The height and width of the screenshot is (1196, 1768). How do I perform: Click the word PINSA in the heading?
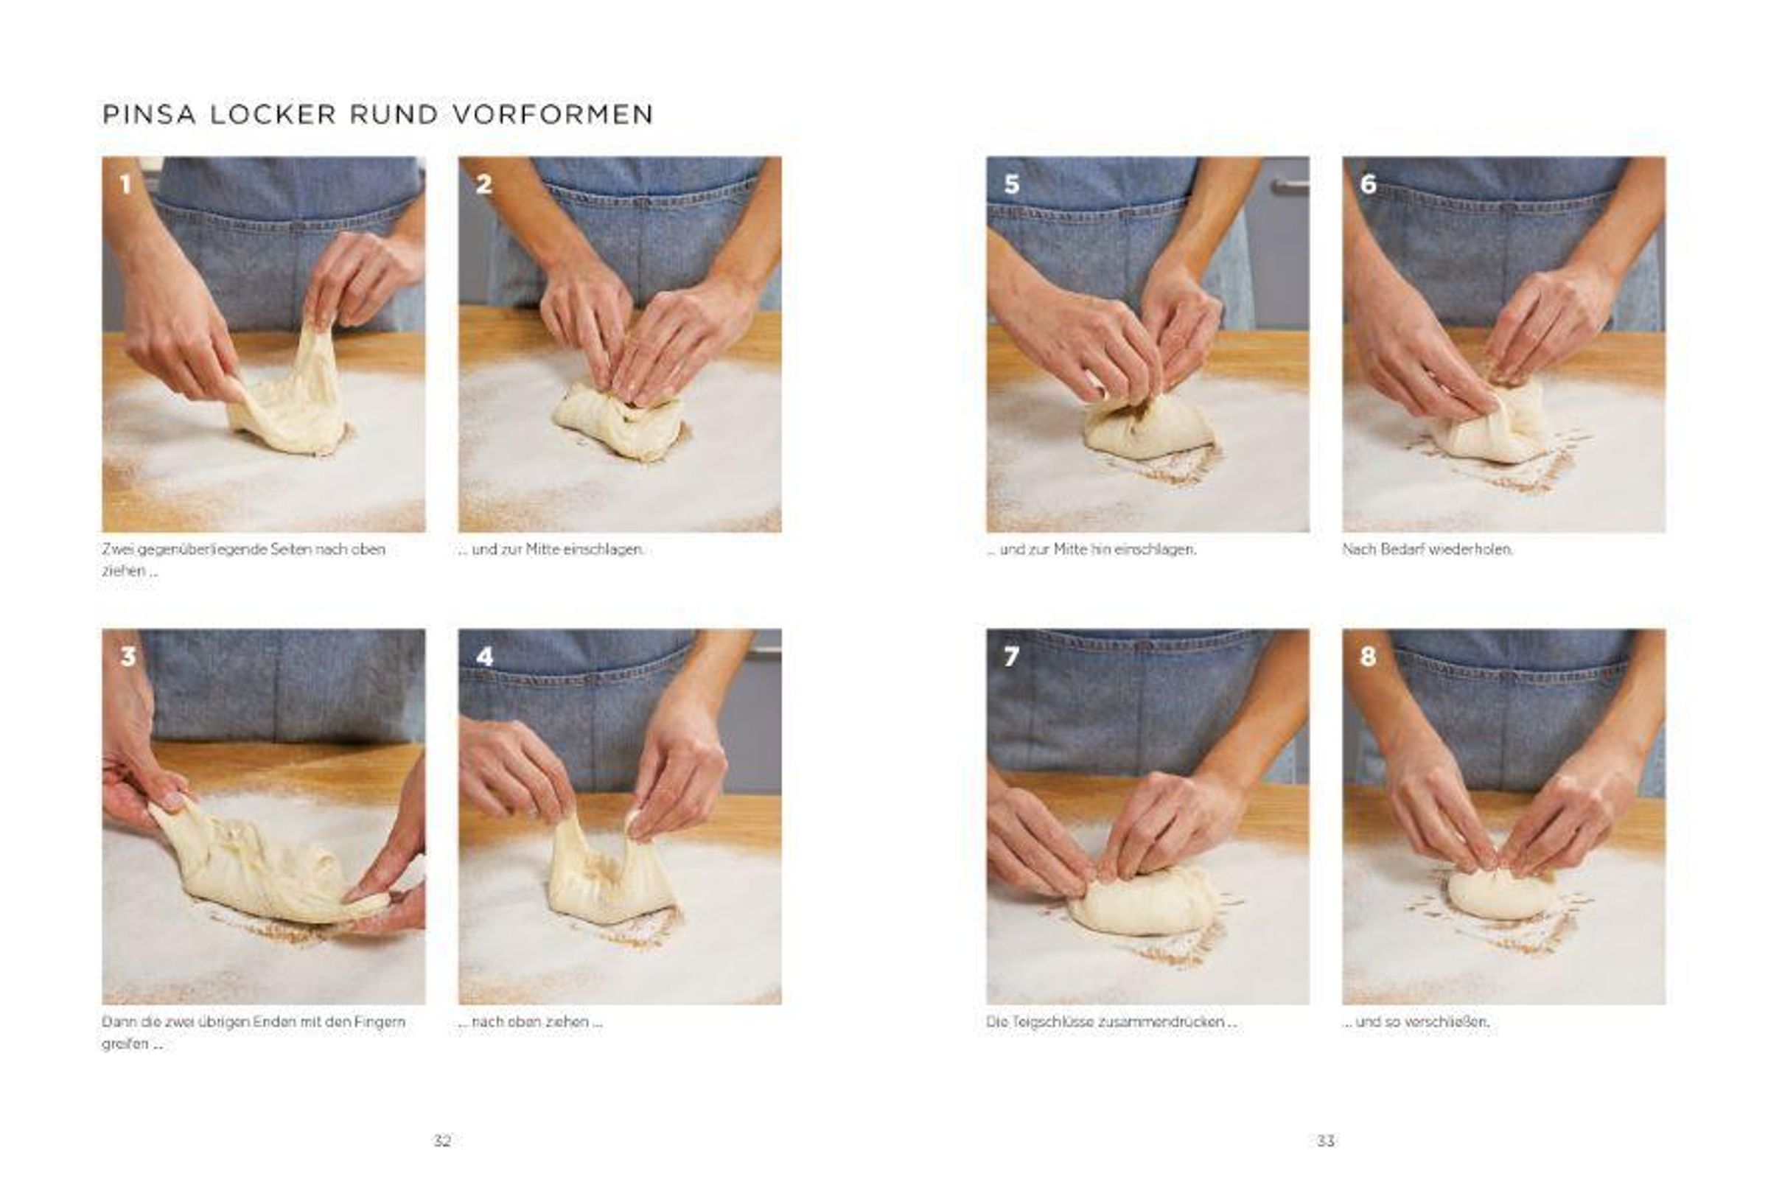pos(149,114)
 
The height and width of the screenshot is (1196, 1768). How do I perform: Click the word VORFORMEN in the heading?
pos(553,114)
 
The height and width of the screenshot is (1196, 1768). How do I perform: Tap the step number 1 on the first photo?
pos(125,184)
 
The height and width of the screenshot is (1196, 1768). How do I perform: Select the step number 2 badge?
pos(484,184)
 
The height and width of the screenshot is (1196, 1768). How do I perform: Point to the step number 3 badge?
pos(127,657)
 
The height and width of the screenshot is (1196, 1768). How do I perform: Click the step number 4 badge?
pos(485,657)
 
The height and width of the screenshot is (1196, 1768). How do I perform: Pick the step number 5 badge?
pos(1012,184)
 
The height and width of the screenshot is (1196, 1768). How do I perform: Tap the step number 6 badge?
pos(1368,184)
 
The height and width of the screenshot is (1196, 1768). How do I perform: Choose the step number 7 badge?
pos(1011,657)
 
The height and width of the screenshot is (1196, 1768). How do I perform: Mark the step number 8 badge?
pos(1368,657)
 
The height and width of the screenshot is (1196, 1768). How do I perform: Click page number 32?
pos(442,1141)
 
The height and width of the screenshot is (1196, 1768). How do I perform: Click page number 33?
pos(1325,1141)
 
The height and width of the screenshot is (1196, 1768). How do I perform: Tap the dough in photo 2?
pos(620,422)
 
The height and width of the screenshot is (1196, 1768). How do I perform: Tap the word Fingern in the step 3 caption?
pos(379,1023)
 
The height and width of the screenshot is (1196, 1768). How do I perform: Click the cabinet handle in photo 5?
pos(1292,185)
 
